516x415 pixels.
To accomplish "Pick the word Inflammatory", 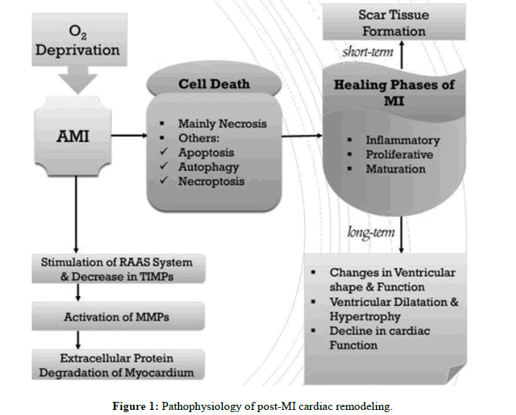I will (x=402, y=140).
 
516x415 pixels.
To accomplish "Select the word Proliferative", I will (x=399, y=154).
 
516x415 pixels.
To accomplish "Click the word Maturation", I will (x=396, y=169).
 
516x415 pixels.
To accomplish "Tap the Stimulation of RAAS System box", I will (x=117, y=269).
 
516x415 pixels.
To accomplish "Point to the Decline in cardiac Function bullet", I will (x=379, y=338).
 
